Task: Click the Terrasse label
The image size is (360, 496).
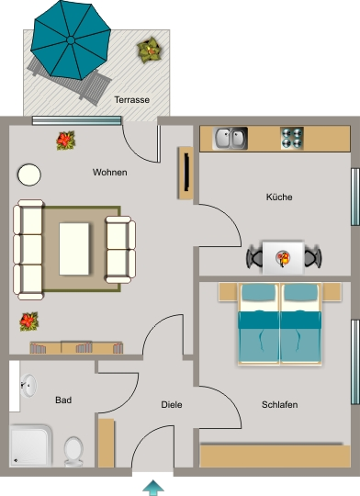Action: coord(132,100)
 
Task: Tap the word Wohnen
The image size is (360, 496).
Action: coord(110,173)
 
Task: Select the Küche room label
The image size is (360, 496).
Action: coord(279,197)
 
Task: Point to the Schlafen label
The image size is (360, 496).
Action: coord(280,404)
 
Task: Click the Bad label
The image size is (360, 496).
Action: coord(63,400)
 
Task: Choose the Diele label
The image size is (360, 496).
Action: coord(172,404)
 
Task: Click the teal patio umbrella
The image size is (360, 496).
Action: coord(71,39)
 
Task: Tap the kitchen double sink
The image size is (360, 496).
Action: coord(230,138)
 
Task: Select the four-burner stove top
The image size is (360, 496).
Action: coord(292,138)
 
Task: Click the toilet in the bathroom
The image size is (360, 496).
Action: coord(73,451)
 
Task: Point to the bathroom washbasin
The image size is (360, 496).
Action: coord(28,385)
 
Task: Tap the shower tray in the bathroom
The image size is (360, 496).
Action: coord(30,445)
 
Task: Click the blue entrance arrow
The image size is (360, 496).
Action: coord(153,488)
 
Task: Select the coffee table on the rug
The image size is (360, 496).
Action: coord(74,249)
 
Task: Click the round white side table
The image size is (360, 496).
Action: coord(29,175)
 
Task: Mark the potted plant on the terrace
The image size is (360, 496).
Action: coord(149,50)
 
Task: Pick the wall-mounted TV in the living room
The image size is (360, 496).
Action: coord(186,172)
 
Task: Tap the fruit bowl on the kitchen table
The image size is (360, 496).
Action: coord(283,257)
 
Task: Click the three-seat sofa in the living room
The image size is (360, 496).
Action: coord(28,250)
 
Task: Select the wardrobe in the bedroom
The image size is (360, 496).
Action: coord(276,456)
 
